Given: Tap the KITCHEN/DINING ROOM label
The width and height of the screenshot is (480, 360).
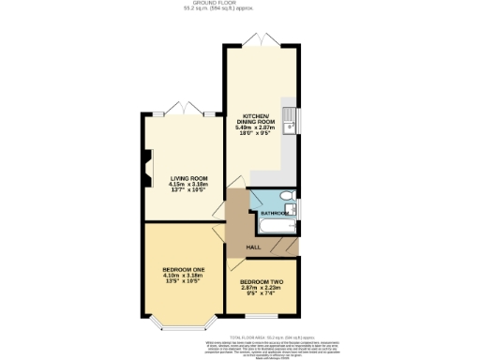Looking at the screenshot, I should (260, 116).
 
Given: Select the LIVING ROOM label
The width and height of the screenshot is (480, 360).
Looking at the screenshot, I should (188, 177).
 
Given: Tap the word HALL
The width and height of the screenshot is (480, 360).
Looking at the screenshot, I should (253, 247).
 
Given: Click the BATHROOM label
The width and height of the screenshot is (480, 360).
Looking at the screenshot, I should (275, 214).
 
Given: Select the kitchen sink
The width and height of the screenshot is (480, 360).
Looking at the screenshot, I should (292, 120).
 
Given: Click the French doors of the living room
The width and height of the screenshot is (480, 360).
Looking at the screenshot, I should (184, 108).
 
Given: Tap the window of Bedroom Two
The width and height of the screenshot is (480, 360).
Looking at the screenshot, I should (262, 320).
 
